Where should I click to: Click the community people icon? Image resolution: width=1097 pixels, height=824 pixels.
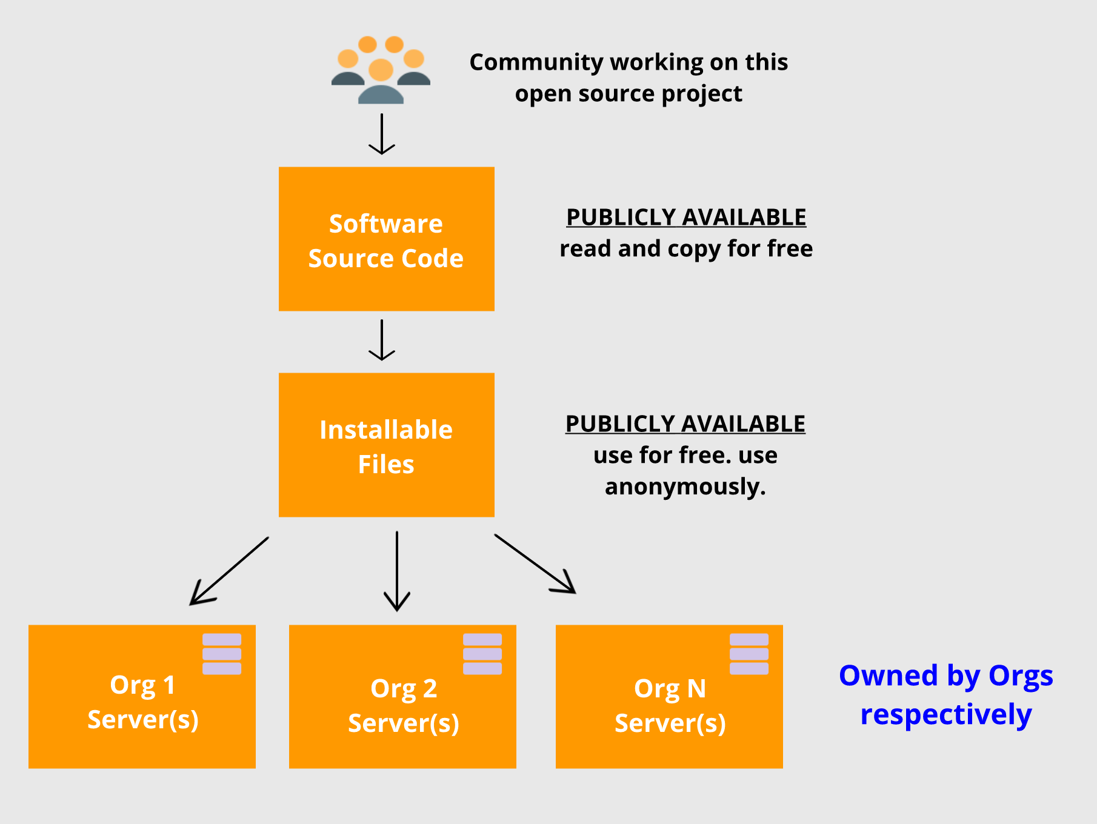[x=381, y=70]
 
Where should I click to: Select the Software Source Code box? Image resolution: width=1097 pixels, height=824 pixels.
[x=386, y=239]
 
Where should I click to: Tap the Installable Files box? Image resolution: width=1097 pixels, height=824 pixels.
[x=386, y=445]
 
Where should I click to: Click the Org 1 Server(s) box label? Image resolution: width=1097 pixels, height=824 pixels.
[x=143, y=702]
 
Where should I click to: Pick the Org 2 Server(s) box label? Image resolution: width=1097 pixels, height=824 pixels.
[x=404, y=706]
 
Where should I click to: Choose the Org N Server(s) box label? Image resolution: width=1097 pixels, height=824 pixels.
[x=670, y=706]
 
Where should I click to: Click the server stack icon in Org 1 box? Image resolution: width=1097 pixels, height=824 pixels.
[x=222, y=654]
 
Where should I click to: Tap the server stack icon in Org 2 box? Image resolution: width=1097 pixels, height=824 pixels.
[x=482, y=654]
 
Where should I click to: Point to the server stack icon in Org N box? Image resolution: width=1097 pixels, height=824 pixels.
[x=749, y=654]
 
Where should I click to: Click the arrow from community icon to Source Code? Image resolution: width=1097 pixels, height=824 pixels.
[x=382, y=134]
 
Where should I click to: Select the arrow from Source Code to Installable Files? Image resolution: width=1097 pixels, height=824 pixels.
[x=382, y=340]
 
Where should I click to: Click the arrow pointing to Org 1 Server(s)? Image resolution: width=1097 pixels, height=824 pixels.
[x=229, y=571]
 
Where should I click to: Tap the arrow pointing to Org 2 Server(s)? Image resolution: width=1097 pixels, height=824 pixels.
[x=397, y=571]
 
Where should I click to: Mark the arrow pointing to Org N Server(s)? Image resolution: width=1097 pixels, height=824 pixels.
[x=535, y=563]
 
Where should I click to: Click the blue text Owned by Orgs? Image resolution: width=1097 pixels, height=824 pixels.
[x=945, y=676]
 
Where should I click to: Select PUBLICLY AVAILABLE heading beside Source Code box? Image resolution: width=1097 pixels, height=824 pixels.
[x=686, y=218]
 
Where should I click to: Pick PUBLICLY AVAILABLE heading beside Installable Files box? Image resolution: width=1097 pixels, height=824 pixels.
[x=685, y=424]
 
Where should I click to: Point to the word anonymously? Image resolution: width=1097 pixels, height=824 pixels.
[x=685, y=487]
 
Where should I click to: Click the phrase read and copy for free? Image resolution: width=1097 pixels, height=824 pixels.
[x=686, y=249]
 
